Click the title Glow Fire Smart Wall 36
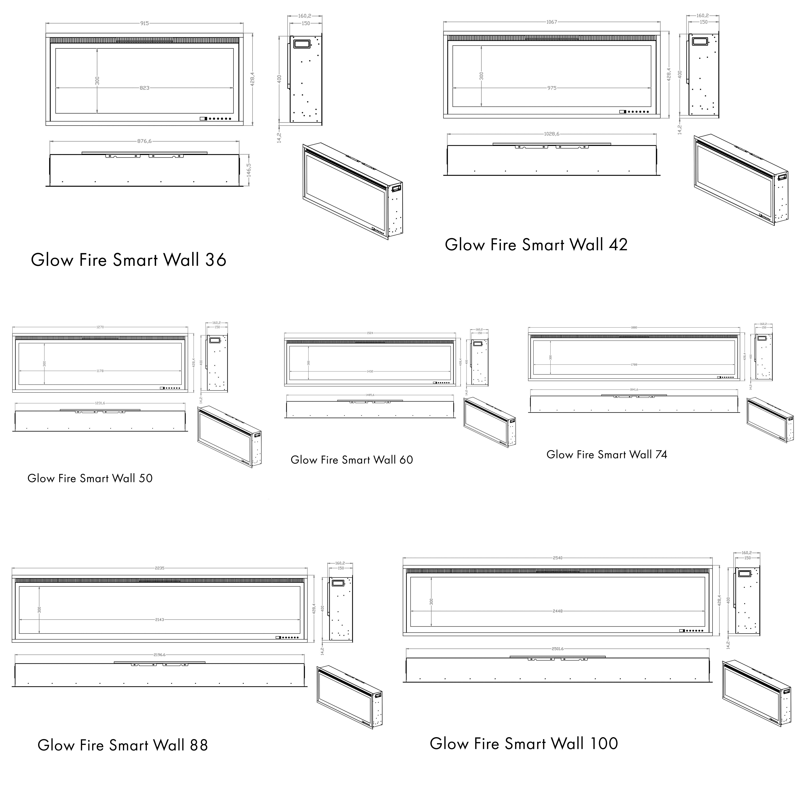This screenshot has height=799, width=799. click(129, 260)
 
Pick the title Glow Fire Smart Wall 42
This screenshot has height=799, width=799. click(536, 245)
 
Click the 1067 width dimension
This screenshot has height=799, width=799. click(552, 22)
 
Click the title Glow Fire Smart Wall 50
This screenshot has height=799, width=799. click(90, 478)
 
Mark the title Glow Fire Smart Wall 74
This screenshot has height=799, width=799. click(607, 454)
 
